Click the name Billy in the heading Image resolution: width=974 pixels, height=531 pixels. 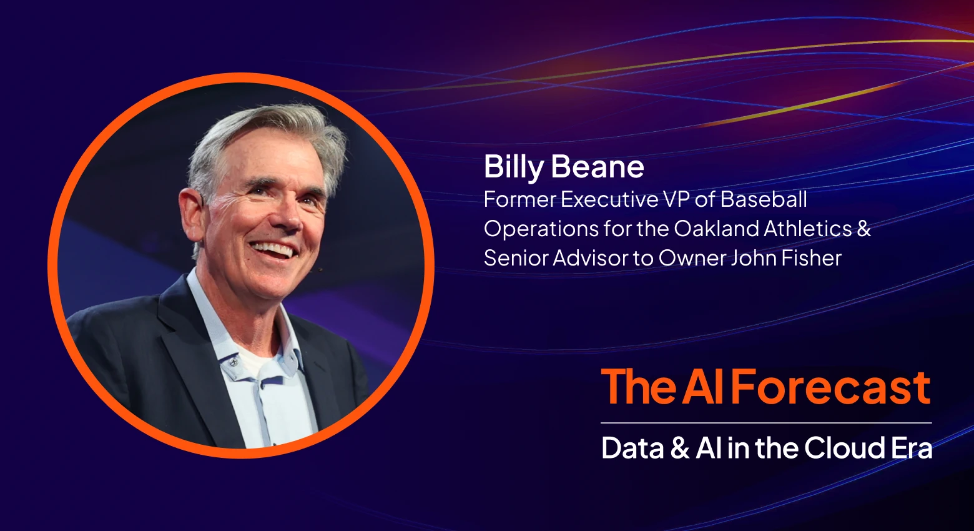pos(513,167)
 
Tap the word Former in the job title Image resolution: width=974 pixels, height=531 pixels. pos(519,199)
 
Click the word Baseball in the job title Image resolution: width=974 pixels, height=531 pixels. pos(764,199)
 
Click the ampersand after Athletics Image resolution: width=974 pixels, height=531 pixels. pos(863,229)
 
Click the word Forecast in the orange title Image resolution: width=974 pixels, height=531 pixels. pos(830,387)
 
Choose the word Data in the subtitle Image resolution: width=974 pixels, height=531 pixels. pos(632,448)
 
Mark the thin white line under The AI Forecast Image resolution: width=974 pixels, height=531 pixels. pos(766,423)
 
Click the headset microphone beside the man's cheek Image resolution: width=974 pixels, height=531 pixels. pos(319,270)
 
